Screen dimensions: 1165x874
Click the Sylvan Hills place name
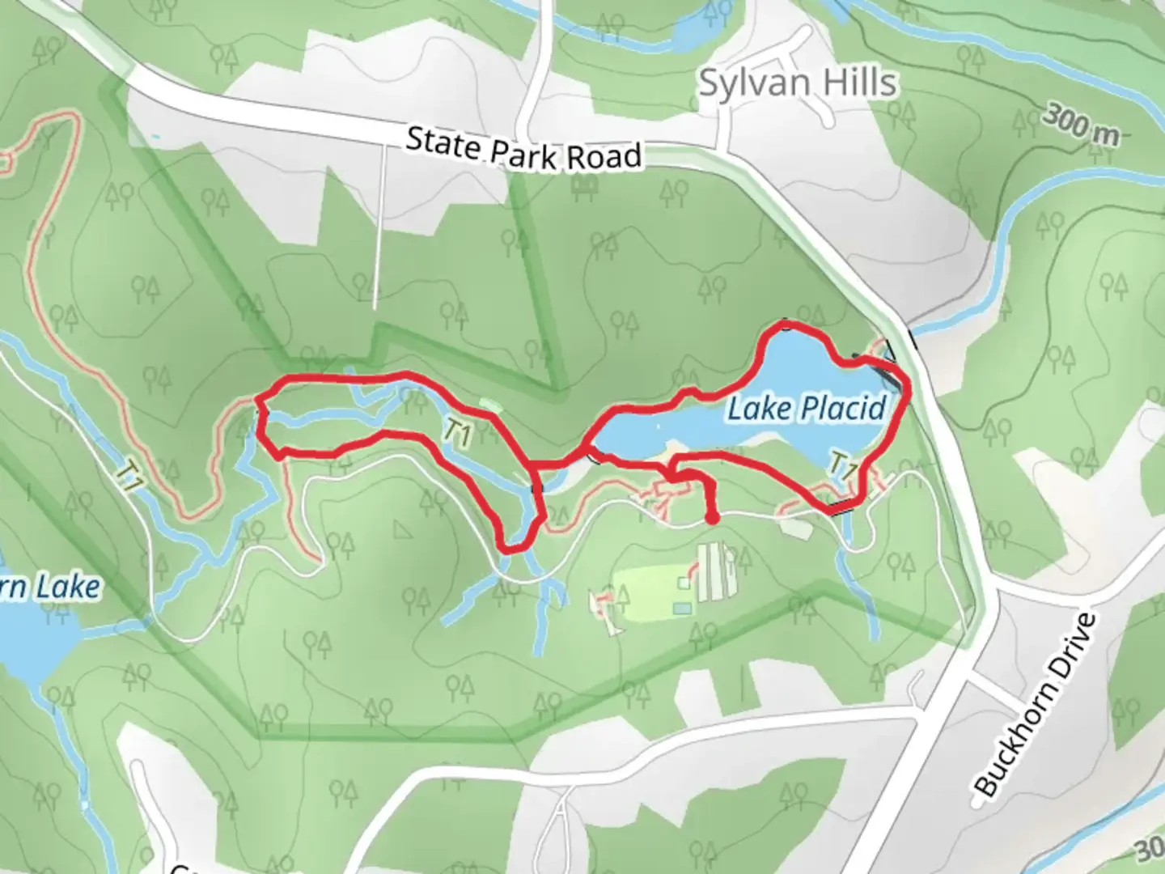(798, 83)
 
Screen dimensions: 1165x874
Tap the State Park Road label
(523, 149)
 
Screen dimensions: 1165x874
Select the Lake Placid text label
(807, 409)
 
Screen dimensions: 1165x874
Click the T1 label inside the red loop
(457, 435)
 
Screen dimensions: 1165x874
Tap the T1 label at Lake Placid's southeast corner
(844, 466)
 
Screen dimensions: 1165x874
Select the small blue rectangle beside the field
(682, 607)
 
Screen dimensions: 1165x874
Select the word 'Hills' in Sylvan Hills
(858, 83)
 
